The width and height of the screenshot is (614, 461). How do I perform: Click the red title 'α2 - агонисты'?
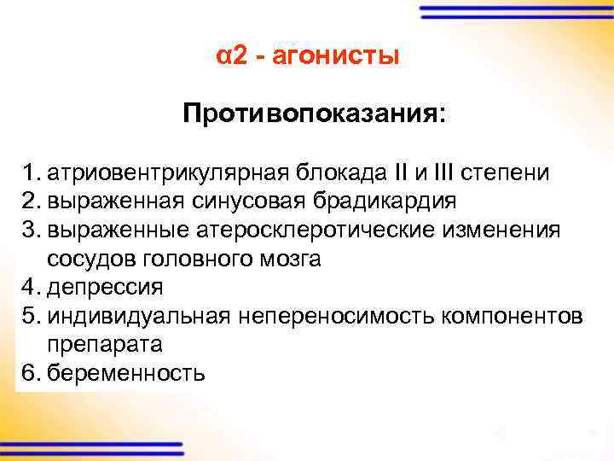click(307, 57)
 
